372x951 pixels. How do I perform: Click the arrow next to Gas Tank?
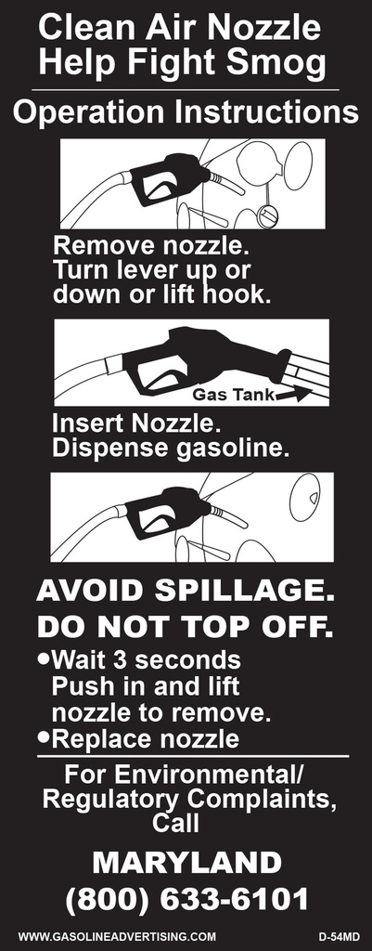pos(295,395)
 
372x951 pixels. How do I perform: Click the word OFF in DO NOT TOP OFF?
pos(298,628)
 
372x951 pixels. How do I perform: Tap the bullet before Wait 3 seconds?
pos(43,658)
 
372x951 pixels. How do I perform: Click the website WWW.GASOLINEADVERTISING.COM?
pos(117,937)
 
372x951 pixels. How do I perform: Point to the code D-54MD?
pos(339,937)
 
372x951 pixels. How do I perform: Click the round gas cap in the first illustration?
pos(266,215)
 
